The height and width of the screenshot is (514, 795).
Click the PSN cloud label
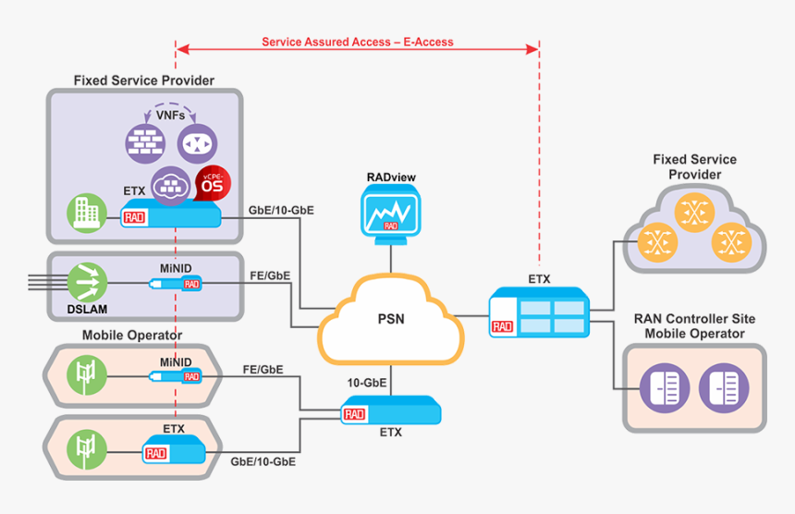(x=391, y=321)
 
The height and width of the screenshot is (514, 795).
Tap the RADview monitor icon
(x=390, y=213)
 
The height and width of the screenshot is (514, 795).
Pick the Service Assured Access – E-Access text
(x=357, y=42)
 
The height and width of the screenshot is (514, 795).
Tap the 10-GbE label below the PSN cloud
(x=367, y=382)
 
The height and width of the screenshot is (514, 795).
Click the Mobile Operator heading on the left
(x=132, y=335)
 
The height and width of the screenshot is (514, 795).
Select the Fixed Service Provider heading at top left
(x=144, y=80)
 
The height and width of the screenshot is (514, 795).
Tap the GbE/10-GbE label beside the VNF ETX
(x=281, y=210)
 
